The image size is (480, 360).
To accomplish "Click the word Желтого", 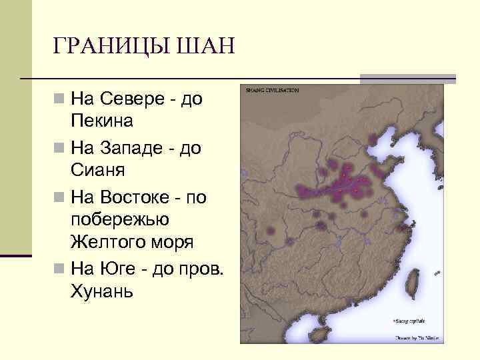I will pyautogui.click(x=108, y=243).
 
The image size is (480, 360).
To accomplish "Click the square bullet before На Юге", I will pyautogui.click(x=61, y=269).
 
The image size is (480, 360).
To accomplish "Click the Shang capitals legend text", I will pyautogui.click(x=411, y=320).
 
